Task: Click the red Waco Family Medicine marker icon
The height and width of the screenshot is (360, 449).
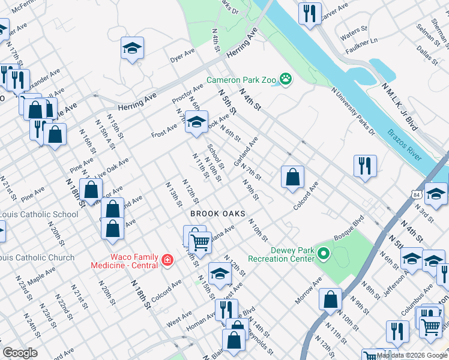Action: tap(168, 260)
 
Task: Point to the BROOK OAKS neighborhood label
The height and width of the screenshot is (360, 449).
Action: tap(218, 214)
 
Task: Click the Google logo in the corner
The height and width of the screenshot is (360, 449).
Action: tap(20, 353)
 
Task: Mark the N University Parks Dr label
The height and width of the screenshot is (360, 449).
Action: tap(353, 112)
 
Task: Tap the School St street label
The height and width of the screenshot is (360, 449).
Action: tap(216, 157)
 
